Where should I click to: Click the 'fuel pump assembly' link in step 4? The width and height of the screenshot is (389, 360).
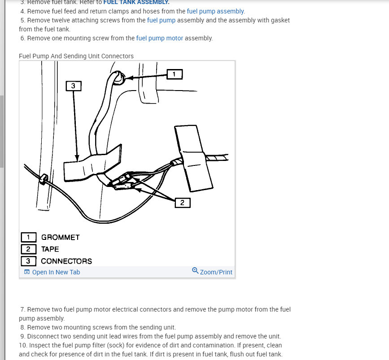pos(215,11)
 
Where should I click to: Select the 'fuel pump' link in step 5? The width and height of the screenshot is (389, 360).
pos(161,20)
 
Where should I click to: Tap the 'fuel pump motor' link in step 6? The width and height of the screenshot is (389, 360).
pos(159,38)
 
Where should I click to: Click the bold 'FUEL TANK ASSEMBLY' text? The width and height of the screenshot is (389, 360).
pos(136,2)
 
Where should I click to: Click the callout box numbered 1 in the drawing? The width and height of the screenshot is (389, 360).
pos(175,74)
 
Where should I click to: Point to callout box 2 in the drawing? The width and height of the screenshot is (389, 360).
pos(182,203)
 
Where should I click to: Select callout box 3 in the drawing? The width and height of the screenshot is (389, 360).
pos(74,85)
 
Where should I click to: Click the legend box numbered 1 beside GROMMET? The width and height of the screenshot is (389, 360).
pos(28,237)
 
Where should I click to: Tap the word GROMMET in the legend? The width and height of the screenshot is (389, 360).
pos(60,237)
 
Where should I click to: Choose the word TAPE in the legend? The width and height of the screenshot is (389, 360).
pos(50,249)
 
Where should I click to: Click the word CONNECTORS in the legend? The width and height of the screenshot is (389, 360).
pos(66,261)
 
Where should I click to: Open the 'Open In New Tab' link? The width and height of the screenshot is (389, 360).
pos(56,272)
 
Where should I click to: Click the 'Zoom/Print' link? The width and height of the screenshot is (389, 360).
pos(216,272)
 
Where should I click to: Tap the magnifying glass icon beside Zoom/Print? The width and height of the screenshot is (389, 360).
pos(195,271)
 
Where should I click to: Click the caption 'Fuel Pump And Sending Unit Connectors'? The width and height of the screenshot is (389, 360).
pos(76,56)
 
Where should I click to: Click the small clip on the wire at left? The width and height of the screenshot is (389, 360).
pos(44,179)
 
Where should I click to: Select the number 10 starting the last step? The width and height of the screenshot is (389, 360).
pos(23,345)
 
